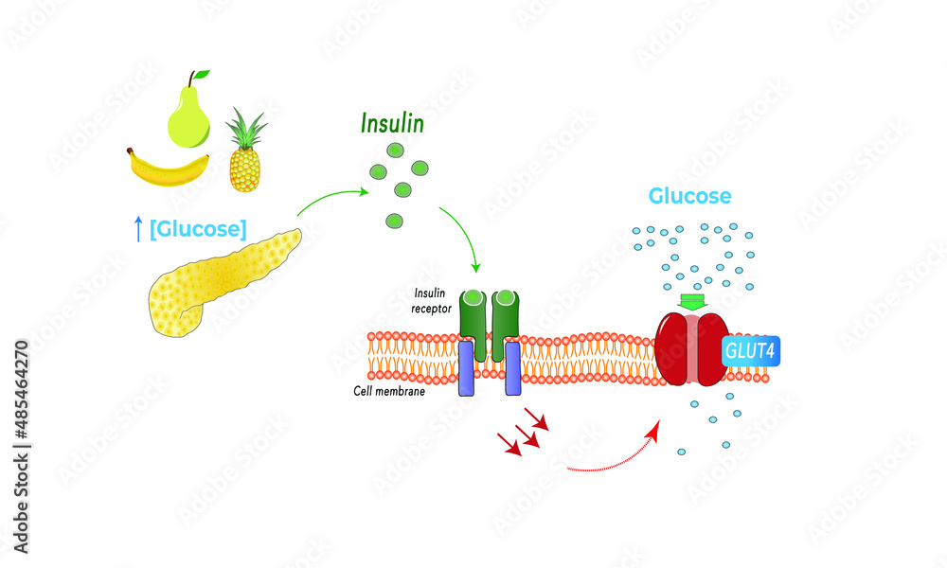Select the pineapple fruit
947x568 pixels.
pos(244,166)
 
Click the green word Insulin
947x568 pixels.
pos(392,124)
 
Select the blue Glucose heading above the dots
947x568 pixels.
pos(689,196)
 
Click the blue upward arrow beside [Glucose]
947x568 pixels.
pos(138,228)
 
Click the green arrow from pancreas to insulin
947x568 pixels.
pos(331,197)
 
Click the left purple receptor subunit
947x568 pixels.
pos(466,368)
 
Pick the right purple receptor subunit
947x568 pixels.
pos(512,368)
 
